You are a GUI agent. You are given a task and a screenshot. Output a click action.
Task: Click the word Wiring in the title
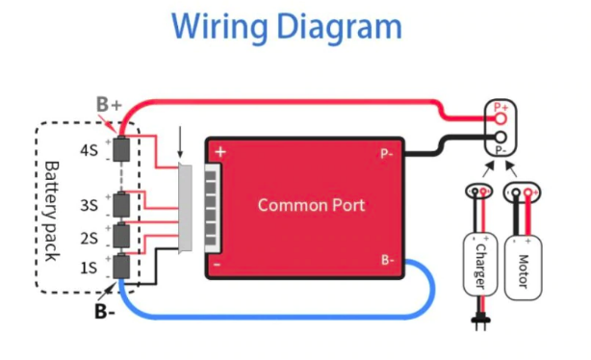219,26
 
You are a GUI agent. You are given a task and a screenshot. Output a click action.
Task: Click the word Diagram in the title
339,26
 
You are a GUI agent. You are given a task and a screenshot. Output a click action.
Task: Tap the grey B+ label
109,104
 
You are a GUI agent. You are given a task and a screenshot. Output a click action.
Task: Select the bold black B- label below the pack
104,311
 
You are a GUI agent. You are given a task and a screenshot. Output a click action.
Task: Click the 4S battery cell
121,149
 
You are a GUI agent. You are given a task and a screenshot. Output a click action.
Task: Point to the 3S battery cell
121,205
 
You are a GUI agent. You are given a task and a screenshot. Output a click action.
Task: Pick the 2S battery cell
121,236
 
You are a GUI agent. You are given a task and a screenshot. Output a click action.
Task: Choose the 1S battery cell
121,267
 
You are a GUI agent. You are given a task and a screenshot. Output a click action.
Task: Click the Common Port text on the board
311,205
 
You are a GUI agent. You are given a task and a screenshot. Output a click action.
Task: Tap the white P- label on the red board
387,154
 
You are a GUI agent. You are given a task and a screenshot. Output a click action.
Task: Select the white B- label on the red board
388,260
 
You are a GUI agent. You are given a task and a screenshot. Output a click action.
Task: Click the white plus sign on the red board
220,152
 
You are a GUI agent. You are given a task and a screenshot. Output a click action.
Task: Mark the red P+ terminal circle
501,119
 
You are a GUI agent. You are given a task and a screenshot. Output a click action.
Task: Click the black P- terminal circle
501,138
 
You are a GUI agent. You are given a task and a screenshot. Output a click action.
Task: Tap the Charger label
480,267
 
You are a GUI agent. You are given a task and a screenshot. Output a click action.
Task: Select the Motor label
524,271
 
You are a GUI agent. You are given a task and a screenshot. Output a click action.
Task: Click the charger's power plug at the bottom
480,322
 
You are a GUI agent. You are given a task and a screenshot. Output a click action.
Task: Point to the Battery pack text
52,212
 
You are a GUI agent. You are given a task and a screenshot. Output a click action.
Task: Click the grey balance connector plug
186,208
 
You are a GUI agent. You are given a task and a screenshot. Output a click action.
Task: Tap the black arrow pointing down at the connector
180,142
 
